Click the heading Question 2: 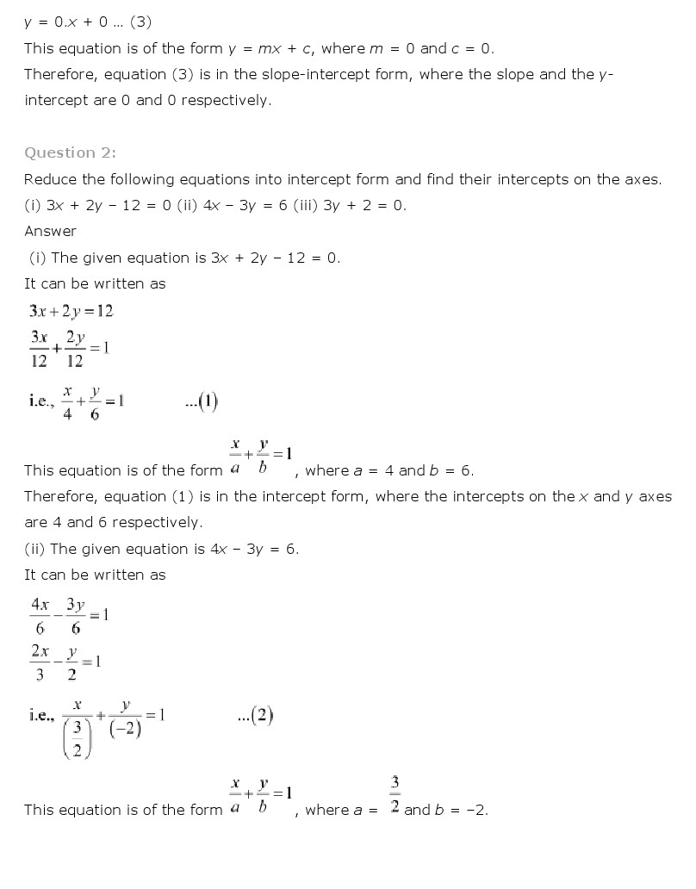click(70, 152)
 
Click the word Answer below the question click(50, 231)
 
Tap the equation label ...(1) click(202, 401)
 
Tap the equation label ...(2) click(255, 716)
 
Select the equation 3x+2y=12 click(71, 311)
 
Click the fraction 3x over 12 click(39, 349)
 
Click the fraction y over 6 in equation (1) click(94, 402)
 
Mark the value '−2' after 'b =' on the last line click(475, 810)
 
